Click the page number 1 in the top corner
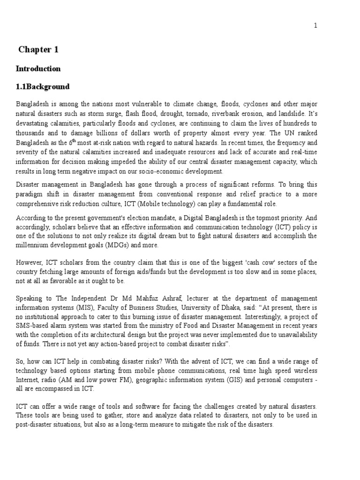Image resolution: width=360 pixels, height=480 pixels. (x=315, y=26)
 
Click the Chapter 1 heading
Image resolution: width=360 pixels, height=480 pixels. (x=38, y=50)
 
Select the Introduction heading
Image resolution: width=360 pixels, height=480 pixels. (x=38, y=68)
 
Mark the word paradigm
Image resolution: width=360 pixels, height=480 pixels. (x=30, y=194)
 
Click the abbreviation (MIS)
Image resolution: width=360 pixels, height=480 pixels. (x=76, y=307)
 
